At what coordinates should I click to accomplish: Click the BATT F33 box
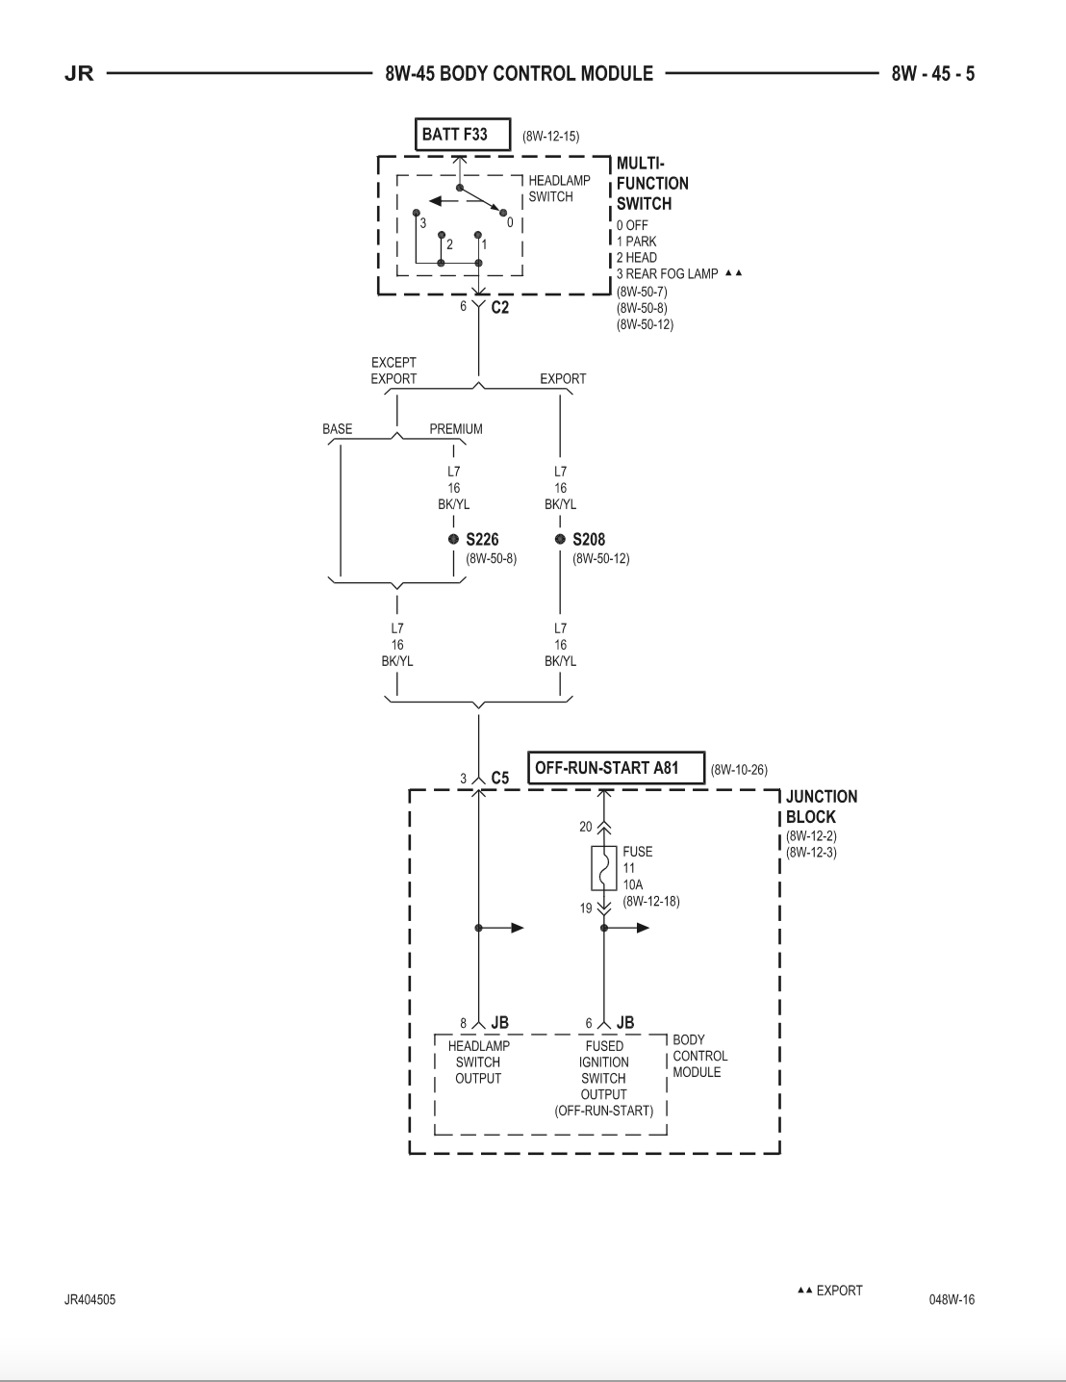(x=463, y=134)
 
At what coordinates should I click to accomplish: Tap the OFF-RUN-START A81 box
(x=616, y=768)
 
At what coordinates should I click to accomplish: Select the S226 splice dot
(x=453, y=539)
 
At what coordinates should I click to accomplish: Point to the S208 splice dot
(x=560, y=539)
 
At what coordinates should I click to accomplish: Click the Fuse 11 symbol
(x=604, y=867)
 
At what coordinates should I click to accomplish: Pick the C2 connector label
(x=500, y=308)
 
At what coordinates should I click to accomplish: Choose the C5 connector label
(x=500, y=778)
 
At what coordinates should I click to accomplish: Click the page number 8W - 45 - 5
(x=932, y=74)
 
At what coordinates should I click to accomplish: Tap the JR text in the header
(x=79, y=74)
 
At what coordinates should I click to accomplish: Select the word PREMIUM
(x=456, y=429)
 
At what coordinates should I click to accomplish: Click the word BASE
(x=337, y=429)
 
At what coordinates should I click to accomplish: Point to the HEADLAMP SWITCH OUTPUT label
(x=479, y=1062)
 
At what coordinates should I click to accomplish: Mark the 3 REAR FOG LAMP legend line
(x=667, y=274)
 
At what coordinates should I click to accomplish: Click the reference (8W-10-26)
(x=739, y=770)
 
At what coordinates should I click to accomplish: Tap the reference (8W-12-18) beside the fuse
(x=651, y=901)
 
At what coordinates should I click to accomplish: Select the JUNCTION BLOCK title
(x=822, y=806)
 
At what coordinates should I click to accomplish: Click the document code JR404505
(x=89, y=1299)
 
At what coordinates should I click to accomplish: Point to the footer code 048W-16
(x=952, y=1299)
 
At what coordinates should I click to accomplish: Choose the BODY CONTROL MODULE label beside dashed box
(x=699, y=1056)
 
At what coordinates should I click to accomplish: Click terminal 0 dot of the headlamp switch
(x=503, y=213)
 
